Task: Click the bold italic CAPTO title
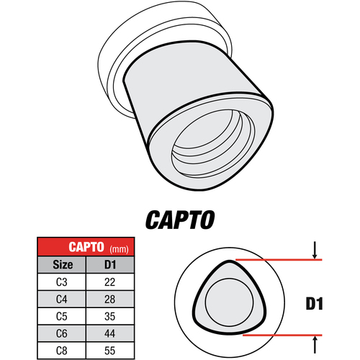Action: click(x=180, y=220)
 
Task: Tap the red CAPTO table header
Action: click(x=86, y=247)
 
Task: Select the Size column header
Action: click(x=63, y=264)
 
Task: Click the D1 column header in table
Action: click(x=110, y=264)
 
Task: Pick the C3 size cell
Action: click(x=62, y=282)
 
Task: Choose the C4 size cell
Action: click(x=62, y=300)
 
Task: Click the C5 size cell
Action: click(x=62, y=316)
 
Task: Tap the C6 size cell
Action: click(x=62, y=333)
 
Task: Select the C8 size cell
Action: click(x=62, y=351)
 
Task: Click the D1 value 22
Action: click(x=110, y=282)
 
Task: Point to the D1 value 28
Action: click(x=110, y=300)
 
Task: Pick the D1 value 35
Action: click(x=110, y=316)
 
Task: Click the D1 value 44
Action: click(x=110, y=333)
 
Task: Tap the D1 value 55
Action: click(x=110, y=351)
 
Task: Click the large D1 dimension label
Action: click(x=314, y=304)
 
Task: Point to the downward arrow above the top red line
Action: click(x=315, y=251)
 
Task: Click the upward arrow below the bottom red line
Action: click(x=315, y=345)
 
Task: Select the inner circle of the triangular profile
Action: click(x=229, y=279)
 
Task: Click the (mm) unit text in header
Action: click(x=119, y=249)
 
